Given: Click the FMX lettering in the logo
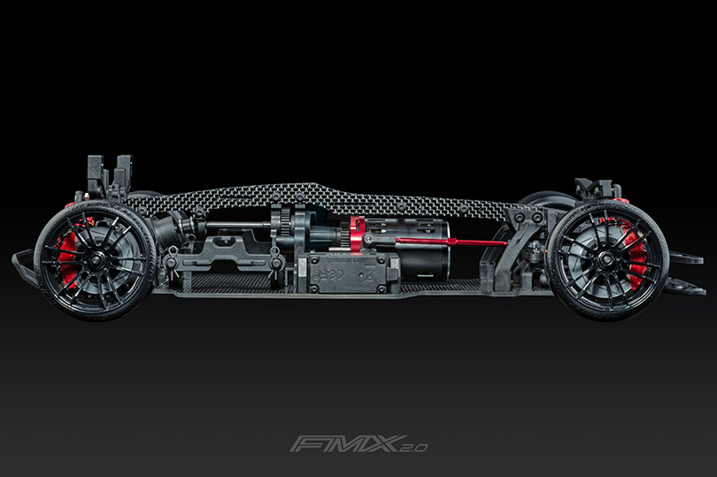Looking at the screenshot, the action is coord(343,443).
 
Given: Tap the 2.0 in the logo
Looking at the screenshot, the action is coord(413,447).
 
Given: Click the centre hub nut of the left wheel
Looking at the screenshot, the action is coord(95,261).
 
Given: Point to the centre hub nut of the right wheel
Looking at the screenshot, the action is coord(605,259).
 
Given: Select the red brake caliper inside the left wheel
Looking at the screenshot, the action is coord(67,256).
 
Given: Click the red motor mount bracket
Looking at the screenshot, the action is coord(357,235).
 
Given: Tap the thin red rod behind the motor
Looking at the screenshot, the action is coord(451,241).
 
